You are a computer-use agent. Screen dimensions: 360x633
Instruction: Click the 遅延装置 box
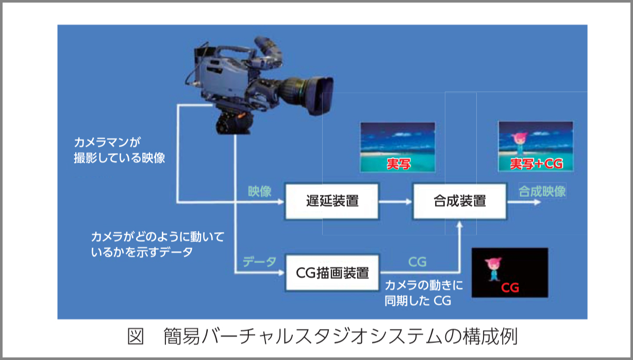point(331,201)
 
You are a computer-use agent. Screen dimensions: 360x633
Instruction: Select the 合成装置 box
point(459,201)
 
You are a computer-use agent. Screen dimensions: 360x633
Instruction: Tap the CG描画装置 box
point(332,272)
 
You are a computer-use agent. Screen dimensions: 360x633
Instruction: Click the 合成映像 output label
point(542,191)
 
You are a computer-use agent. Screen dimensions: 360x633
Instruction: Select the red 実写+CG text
point(535,164)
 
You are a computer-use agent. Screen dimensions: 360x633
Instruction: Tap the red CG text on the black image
point(510,287)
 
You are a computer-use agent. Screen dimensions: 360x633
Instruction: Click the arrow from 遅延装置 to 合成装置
point(396,202)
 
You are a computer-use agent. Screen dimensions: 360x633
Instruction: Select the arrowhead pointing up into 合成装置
point(459,224)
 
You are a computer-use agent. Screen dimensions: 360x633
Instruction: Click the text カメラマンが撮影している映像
point(119,150)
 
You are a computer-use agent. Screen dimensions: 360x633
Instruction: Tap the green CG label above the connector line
point(417,262)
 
